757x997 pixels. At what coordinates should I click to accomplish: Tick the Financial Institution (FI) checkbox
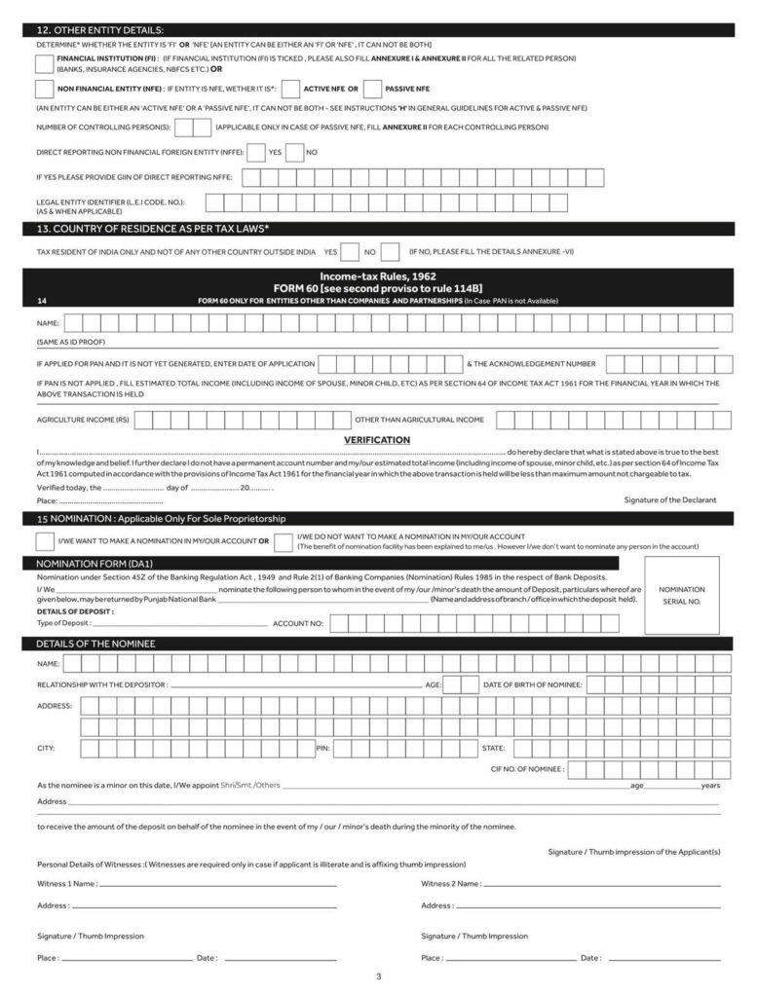pos(44,64)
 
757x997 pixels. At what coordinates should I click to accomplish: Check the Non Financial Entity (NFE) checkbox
pos(44,90)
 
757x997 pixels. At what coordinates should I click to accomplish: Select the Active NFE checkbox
pos(290,90)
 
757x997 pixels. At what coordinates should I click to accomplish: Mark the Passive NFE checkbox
pos(372,90)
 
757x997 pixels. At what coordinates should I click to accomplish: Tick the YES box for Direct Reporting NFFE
pos(256,153)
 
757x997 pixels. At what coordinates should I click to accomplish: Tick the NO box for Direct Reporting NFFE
pos(294,153)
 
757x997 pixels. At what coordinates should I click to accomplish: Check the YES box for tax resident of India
pos(350,252)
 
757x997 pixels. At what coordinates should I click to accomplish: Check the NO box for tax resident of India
pos(390,252)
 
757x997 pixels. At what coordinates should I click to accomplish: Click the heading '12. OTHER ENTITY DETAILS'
pos(100,31)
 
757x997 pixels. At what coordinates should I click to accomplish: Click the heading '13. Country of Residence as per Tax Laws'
pos(153,229)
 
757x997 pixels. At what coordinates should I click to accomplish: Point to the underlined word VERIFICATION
pos(377,440)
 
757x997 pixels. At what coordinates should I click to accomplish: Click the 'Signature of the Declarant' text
pos(669,499)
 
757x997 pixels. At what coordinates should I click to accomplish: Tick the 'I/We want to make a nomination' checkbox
pos(44,540)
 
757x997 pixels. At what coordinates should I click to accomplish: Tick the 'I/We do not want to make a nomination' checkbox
pos(284,541)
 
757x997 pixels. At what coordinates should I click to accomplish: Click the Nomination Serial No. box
pos(681,595)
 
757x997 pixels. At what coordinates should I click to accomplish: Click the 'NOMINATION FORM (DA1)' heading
pos(95,563)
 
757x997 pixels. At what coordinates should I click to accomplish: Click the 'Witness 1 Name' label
pos(66,884)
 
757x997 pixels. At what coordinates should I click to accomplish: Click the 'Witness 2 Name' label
pos(450,884)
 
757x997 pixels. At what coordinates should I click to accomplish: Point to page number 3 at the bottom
pos(378,977)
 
